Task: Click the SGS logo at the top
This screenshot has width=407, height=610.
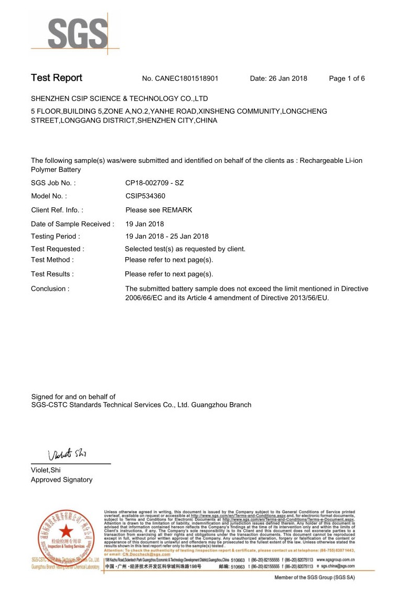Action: pos(78,34)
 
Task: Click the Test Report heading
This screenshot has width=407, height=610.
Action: pos(57,78)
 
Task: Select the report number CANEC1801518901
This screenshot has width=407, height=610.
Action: pos(187,79)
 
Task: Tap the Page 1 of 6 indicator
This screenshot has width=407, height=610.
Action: pos(347,79)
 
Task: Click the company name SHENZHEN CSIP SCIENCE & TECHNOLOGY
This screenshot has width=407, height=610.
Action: pos(120,98)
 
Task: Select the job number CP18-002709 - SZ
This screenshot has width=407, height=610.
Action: pos(155,183)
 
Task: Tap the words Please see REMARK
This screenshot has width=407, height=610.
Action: pos(159,210)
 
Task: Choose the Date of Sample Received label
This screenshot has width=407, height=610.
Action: pos(72,224)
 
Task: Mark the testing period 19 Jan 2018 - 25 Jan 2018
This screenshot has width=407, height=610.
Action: pos(167,236)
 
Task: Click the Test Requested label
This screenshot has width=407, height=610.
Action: pos(58,249)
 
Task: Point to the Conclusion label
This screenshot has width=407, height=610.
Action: pos(50,289)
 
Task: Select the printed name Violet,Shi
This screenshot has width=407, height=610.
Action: pos(46,470)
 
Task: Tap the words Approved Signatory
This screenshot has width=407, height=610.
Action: pos(61,480)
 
